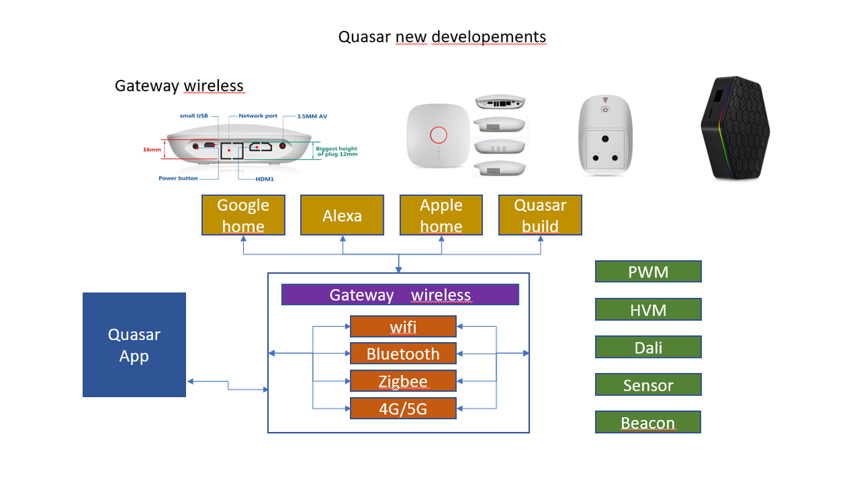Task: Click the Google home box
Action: (243, 215)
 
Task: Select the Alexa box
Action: (342, 215)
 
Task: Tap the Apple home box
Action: (441, 215)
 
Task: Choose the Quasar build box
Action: (540, 215)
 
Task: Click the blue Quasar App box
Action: (134, 345)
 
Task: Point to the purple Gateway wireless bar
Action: (400, 295)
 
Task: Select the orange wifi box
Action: (403, 326)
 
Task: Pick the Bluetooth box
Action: (403, 354)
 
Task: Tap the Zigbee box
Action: (403, 381)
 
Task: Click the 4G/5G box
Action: (403, 409)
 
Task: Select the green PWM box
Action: (648, 272)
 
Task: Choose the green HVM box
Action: (648, 310)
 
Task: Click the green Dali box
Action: (648, 348)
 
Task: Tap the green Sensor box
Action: (648, 385)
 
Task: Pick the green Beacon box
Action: (648, 423)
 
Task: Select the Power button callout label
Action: (178, 178)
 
